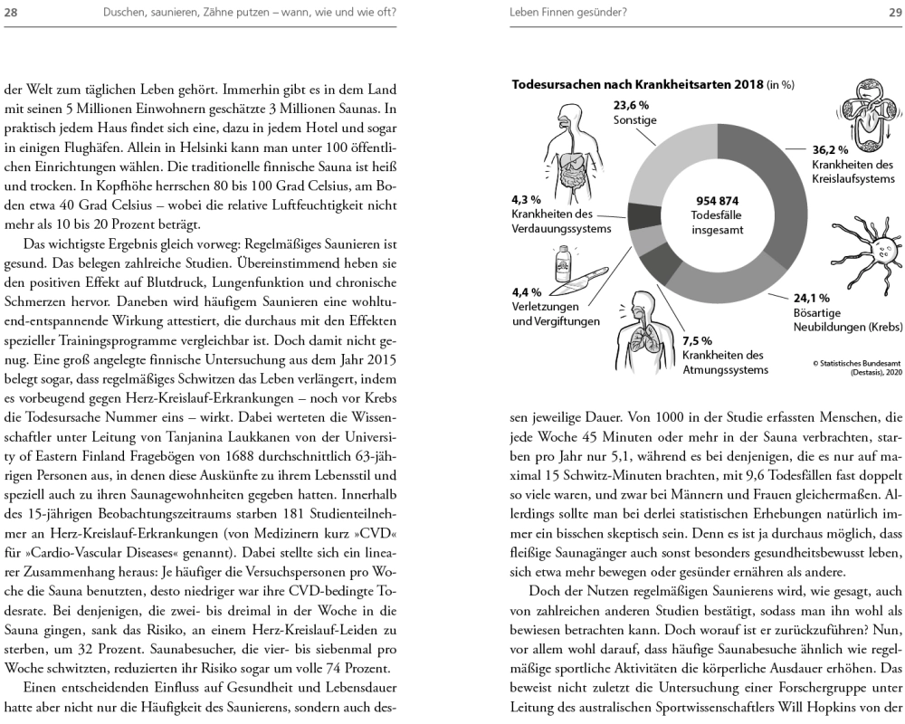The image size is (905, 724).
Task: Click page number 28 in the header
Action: [x=17, y=12]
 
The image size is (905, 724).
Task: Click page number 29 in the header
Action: [x=889, y=12]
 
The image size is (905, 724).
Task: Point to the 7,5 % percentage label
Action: [x=698, y=341]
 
